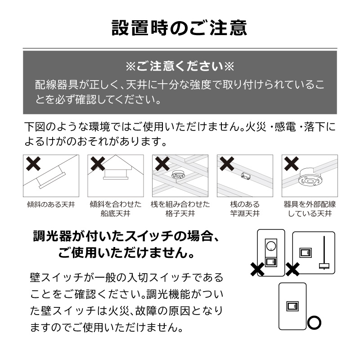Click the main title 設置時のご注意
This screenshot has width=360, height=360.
coord(180,28)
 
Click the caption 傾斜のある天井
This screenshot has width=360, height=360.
coord(50,205)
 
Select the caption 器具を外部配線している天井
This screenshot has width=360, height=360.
coord(310,209)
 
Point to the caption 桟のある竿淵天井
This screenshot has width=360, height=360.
coord(245,209)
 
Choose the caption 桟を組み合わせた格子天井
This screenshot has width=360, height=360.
coord(180,209)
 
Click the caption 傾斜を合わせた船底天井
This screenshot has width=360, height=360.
coord(116,209)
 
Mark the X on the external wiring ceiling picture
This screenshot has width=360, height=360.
coord(291,164)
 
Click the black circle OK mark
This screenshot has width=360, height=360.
coord(314,323)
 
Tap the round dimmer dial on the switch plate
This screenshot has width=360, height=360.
coord(271,247)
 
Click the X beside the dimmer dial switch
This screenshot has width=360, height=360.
coord(257,270)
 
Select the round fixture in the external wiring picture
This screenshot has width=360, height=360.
coord(309,180)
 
